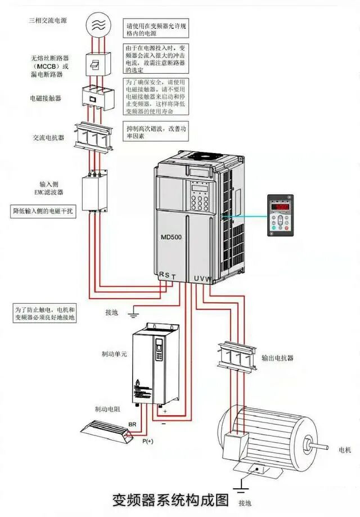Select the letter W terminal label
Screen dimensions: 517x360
209,278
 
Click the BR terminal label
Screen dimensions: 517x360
133,422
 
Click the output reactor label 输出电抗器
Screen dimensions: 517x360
278,358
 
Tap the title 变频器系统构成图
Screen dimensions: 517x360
172,500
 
